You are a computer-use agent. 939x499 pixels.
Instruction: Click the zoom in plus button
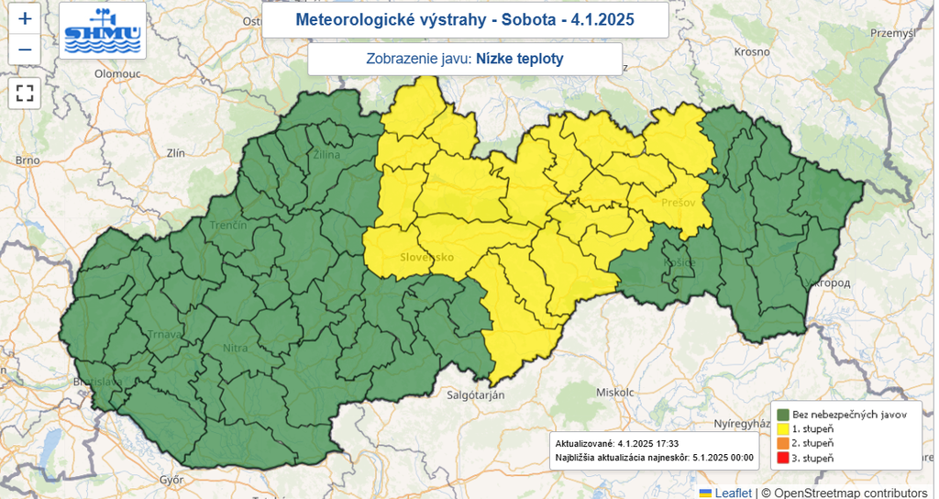pos(25,18)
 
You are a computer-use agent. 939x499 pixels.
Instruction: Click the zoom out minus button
pos(25,50)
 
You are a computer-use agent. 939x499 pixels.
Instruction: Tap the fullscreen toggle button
pos(25,93)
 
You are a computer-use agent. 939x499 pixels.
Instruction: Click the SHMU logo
pos(103,30)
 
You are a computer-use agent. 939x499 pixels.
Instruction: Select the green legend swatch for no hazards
pos(785,415)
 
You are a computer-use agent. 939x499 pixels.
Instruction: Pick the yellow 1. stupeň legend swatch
pos(785,428)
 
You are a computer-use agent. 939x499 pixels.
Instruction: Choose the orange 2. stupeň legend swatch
pos(785,443)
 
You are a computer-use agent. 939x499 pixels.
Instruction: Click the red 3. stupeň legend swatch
pos(785,457)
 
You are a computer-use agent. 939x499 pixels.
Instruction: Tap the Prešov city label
pos(678,202)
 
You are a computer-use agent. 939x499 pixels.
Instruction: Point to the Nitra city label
pos(236,348)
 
